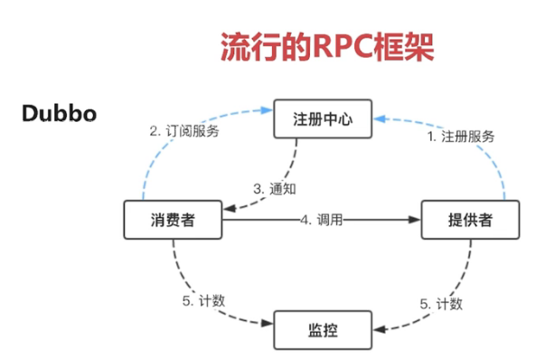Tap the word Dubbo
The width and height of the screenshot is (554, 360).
(60, 114)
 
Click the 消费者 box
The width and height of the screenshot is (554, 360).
(172, 220)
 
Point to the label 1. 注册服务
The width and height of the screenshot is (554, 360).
(460, 137)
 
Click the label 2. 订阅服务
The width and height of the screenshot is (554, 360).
(183, 129)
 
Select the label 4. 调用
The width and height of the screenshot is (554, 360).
(322, 220)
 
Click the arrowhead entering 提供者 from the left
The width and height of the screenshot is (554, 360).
(417, 220)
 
